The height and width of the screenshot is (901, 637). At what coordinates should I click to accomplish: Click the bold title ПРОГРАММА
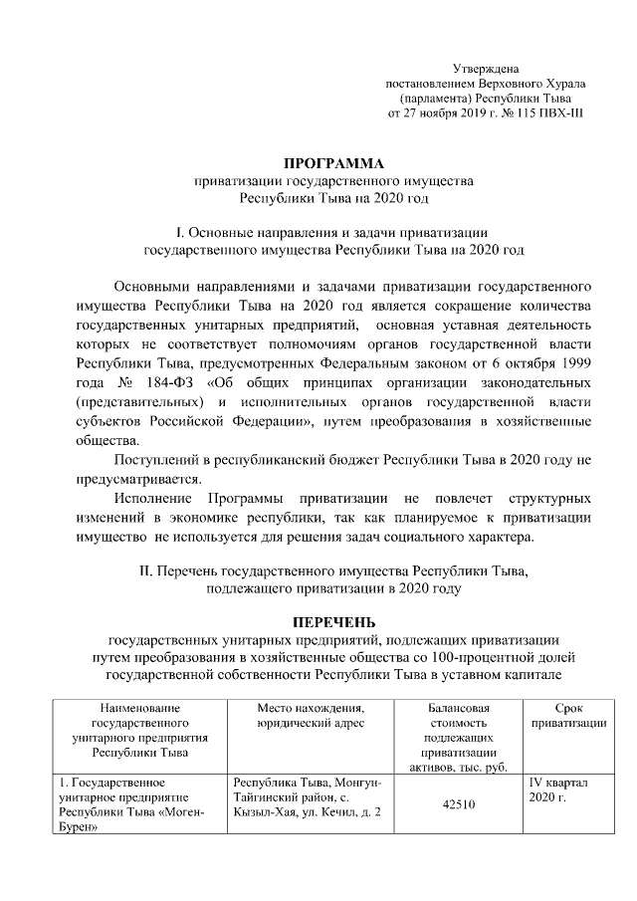(x=329, y=163)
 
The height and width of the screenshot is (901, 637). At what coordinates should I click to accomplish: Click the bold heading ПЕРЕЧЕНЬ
(x=329, y=621)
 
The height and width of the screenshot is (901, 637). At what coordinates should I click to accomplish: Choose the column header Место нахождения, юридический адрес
(x=310, y=715)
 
